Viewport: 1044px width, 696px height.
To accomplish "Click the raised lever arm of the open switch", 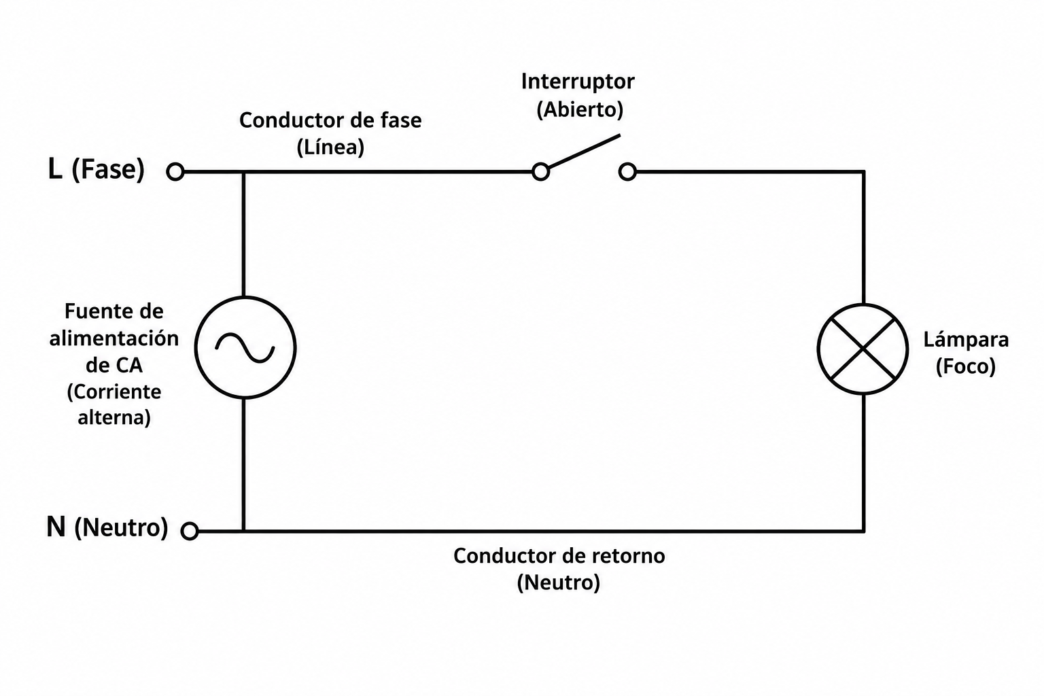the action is (x=584, y=151).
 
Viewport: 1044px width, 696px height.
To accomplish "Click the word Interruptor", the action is (x=578, y=82).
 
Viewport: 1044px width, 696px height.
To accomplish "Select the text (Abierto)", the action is (x=580, y=110).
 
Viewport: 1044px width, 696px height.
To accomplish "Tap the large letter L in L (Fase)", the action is (x=55, y=169).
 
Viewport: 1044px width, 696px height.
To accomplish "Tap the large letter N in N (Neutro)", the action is (x=56, y=527).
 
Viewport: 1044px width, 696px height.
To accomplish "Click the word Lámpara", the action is (x=966, y=339).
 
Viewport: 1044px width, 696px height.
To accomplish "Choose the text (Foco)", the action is (x=966, y=366).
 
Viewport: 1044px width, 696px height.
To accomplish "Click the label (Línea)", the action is (x=330, y=147).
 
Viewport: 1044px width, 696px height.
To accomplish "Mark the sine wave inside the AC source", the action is (x=245, y=348).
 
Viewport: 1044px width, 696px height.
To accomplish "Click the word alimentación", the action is (x=114, y=338).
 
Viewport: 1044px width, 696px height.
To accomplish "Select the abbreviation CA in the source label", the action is (x=128, y=366).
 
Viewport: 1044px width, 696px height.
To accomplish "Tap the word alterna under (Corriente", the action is (x=114, y=417).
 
